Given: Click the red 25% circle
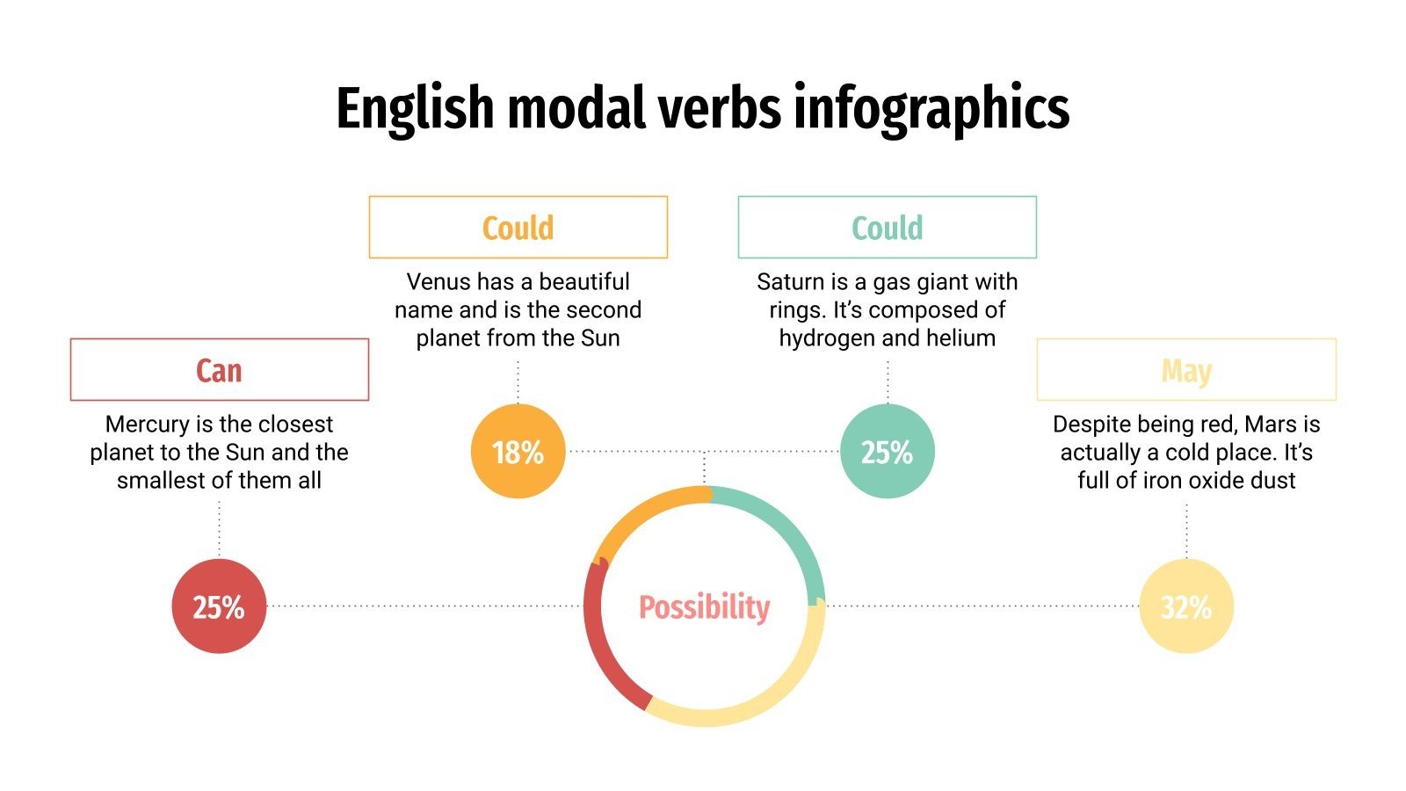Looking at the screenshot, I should coord(219,606).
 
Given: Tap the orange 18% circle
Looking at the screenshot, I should coord(518,452).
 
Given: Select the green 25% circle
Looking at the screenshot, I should coord(887,452).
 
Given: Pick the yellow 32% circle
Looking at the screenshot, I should coord(1186,606).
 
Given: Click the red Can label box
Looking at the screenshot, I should coord(219,370).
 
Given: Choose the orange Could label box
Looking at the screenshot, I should coord(518,228).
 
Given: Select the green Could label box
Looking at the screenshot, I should coord(887,228).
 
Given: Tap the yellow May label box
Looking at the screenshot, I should coord(1186,370).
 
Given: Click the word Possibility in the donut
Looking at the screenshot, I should coord(704,607).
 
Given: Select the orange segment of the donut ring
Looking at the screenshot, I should coord(641,514).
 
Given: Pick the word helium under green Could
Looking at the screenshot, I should coord(960,338).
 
